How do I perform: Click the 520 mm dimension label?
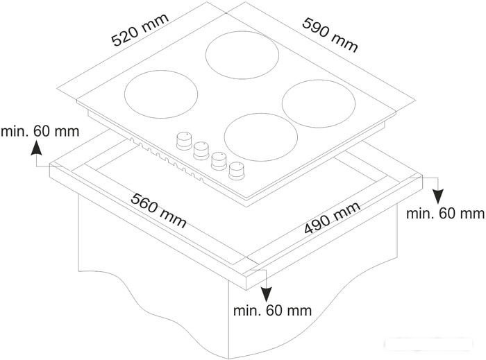tap(140, 30)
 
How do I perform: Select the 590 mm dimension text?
tap(330, 35)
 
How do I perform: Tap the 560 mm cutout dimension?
tap(158, 210)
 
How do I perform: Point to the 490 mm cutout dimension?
tap(333, 218)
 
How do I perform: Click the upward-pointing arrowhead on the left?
tap(37, 147)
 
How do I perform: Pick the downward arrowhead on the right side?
tap(438, 196)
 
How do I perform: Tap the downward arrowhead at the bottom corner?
tap(266, 294)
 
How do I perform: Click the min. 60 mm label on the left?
tap(40, 131)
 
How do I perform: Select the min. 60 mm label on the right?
tap(445, 214)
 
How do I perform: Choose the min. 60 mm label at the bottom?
tap(272, 311)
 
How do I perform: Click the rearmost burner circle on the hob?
tap(242, 55)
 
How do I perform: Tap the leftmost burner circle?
tap(161, 94)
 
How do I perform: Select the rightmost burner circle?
tap(319, 103)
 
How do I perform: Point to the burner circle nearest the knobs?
tap(260, 137)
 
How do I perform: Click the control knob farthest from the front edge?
tap(184, 141)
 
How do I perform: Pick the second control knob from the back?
tap(201, 151)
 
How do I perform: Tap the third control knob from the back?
tap(219, 161)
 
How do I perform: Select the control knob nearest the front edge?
tap(237, 171)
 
